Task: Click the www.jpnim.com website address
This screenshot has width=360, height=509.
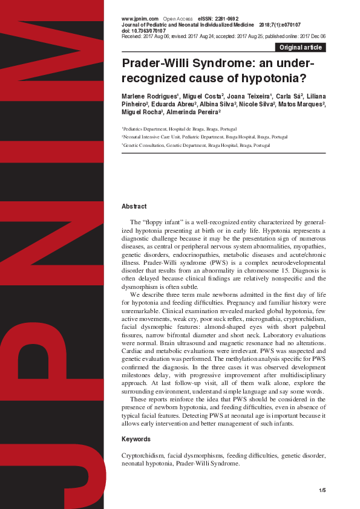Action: [x=140, y=19]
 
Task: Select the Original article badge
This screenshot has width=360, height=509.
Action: [x=300, y=47]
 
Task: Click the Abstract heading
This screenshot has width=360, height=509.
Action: [x=134, y=207]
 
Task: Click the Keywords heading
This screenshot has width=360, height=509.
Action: [x=136, y=439]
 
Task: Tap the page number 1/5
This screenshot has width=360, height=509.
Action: [x=322, y=490]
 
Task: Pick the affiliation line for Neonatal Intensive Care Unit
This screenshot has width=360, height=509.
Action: [x=206, y=137]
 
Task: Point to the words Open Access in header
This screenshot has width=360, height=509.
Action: [x=177, y=19]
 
